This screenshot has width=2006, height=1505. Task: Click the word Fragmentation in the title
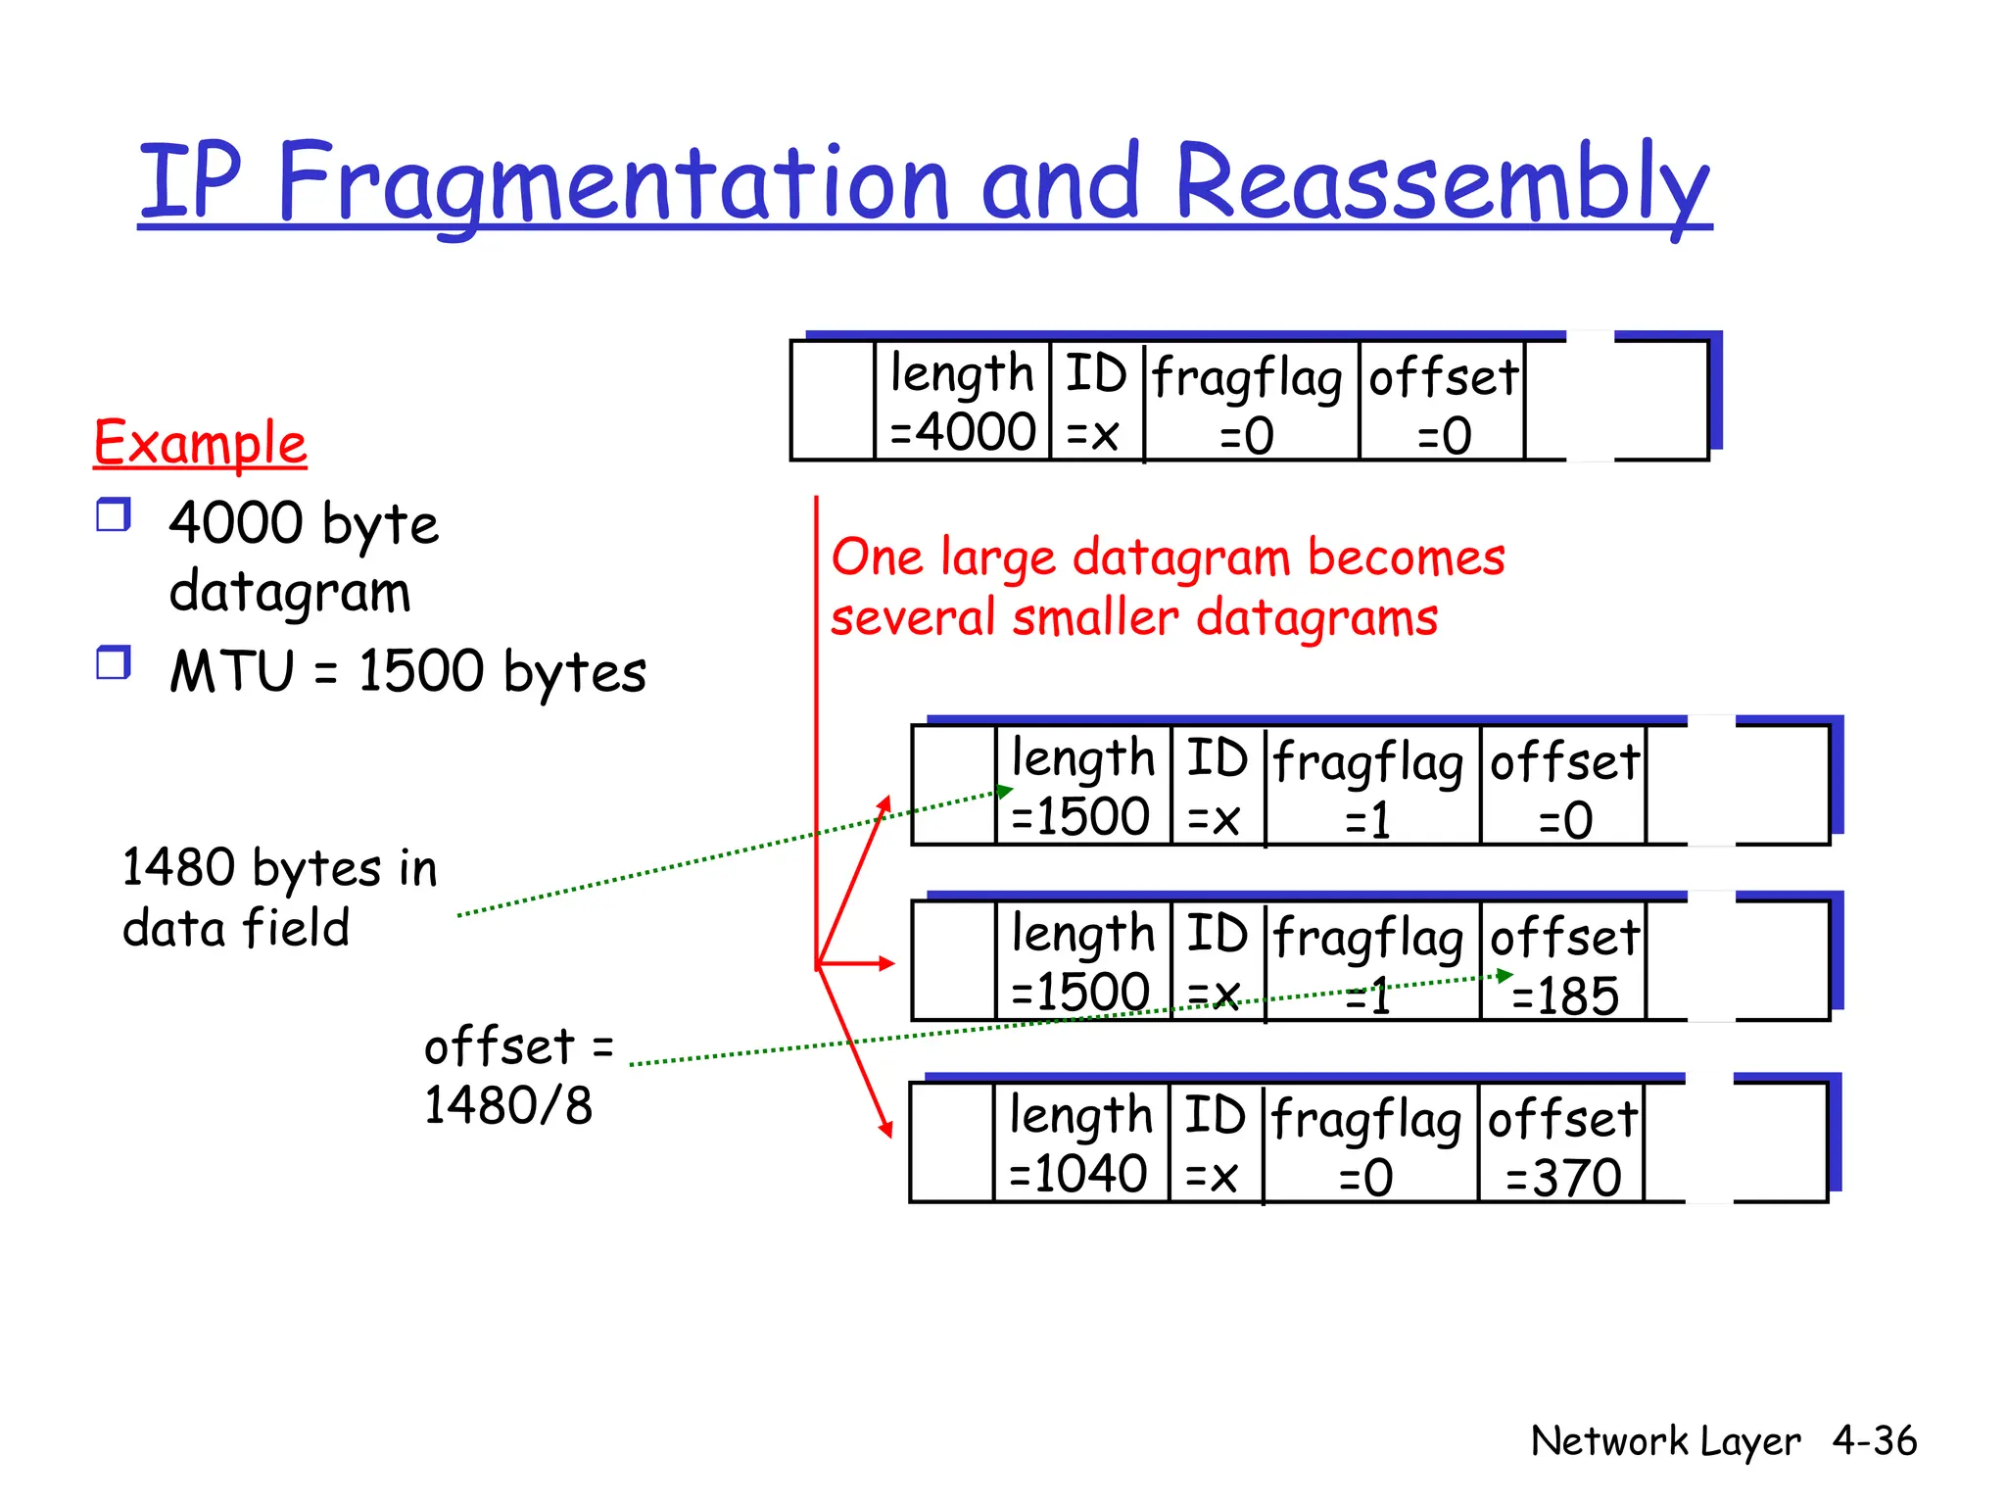coord(612,183)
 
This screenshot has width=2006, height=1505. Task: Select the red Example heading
coord(200,443)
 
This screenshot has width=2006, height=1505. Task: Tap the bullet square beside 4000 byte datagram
coord(113,514)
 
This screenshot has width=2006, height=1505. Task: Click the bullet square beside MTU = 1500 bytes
coord(113,663)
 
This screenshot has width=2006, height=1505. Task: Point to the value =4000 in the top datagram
coord(963,433)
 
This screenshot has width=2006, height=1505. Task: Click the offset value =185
coord(1565,997)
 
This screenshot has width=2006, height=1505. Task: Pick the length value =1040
coord(1077,1174)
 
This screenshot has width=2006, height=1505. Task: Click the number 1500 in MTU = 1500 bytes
coord(421,672)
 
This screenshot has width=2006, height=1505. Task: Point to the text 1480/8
coord(507,1106)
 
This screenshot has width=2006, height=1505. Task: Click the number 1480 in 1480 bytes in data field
coord(178,868)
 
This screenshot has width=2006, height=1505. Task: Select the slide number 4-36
coord(1874,1441)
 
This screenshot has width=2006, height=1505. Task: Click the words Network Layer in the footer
coord(1665,1441)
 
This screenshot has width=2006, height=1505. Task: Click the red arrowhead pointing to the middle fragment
coord(886,963)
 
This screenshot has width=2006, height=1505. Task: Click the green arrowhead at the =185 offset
coord(1504,976)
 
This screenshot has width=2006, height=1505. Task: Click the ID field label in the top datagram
coord(1096,374)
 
